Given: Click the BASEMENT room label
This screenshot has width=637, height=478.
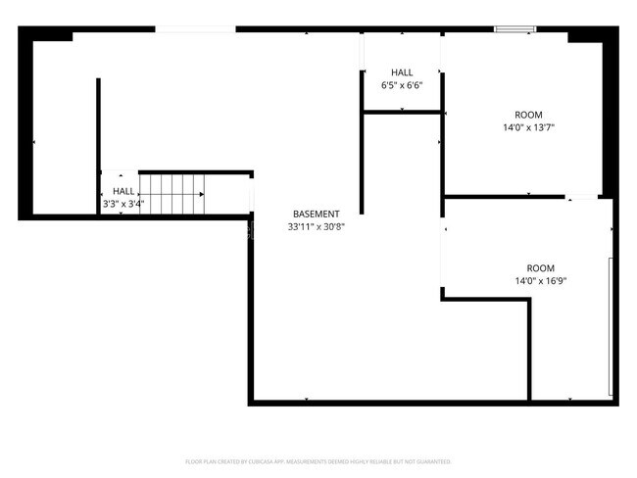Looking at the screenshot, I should point(317,214).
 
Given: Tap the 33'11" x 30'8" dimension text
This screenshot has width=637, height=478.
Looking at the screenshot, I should point(317,226).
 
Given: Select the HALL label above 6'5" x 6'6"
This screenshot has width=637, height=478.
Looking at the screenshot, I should point(402,72).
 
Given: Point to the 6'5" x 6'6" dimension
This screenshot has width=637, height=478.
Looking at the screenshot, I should point(402,85).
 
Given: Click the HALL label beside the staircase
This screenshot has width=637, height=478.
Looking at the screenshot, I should point(123,191).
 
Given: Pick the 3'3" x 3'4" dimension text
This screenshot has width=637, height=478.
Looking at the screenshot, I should point(123,204).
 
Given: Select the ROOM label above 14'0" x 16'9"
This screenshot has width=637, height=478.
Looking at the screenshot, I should point(540,268).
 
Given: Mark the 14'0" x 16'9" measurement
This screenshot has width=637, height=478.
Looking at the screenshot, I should point(540,281).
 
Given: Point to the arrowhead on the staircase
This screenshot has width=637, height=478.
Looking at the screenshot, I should point(203,195).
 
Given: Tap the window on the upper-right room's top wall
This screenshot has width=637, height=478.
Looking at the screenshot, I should point(514,29).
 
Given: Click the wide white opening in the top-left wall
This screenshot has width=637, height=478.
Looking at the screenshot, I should point(195,29).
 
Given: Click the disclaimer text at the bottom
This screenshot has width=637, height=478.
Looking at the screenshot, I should point(318,460).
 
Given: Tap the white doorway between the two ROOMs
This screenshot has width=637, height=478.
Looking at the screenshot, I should point(582,198).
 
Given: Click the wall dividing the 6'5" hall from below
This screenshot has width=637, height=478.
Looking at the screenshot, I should point(402,113).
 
